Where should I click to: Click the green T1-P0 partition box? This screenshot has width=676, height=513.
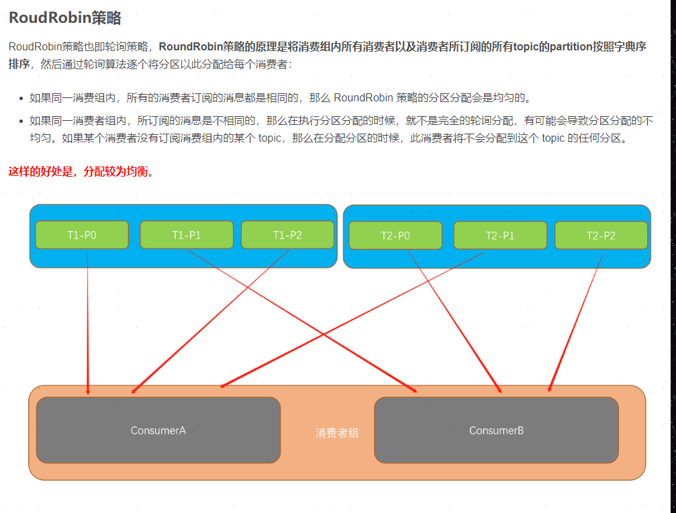click(82, 235)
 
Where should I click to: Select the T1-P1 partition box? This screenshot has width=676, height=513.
click(186, 235)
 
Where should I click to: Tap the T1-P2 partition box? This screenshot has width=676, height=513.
click(287, 235)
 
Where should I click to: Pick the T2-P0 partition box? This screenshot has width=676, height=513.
click(395, 236)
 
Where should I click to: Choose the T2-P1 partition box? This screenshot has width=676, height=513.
click(500, 236)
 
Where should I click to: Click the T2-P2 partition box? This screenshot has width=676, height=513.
click(601, 236)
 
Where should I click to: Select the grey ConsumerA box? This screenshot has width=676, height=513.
click(158, 430)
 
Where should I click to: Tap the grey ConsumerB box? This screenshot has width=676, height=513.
click(496, 430)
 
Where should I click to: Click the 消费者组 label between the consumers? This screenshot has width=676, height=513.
click(337, 433)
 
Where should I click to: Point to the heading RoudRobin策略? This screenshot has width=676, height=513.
click(64, 18)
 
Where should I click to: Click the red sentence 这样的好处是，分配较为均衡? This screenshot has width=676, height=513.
click(81, 171)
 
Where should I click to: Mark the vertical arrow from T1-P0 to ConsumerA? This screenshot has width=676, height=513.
click(88, 322)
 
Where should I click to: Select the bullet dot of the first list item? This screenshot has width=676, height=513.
click(22, 98)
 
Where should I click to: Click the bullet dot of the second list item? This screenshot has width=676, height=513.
click(22, 121)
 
